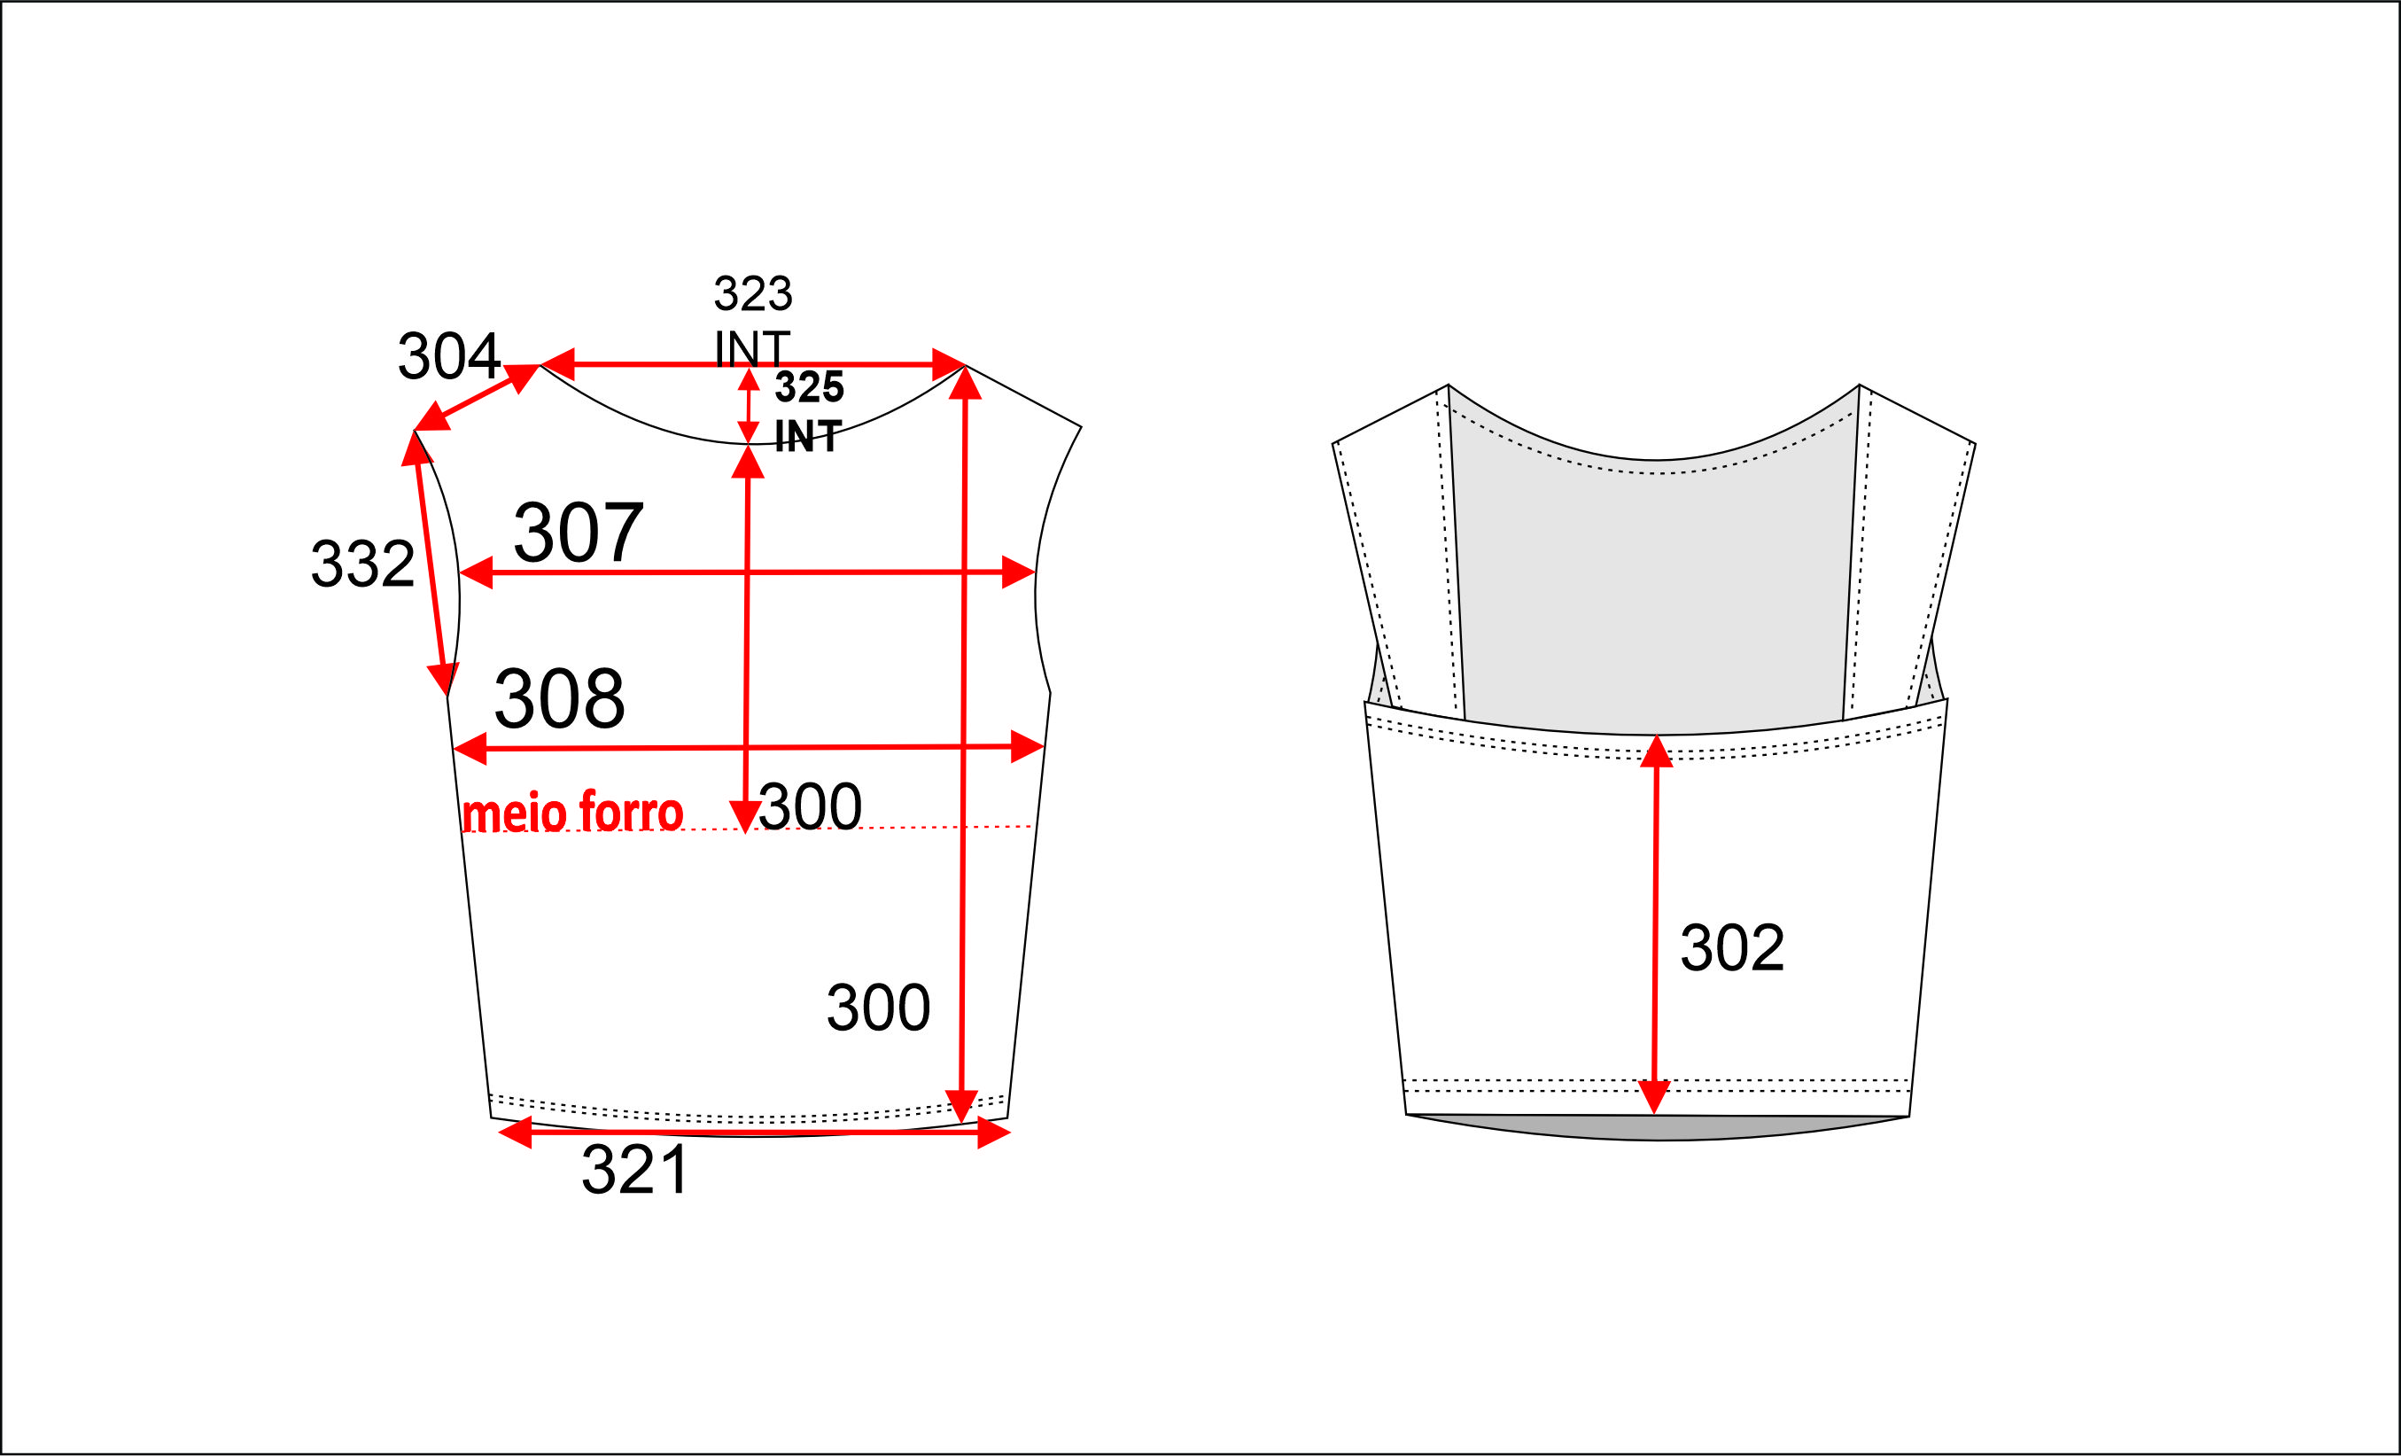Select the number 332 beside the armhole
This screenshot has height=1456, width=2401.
point(362,564)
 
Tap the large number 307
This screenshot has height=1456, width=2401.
point(578,532)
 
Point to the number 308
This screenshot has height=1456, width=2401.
point(559,697)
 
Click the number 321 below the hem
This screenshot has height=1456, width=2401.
point(634,1169)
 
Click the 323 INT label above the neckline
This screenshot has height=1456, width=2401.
point(752,321)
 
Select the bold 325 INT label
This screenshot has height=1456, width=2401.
point(809,411)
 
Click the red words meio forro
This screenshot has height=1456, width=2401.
point(573,811)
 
